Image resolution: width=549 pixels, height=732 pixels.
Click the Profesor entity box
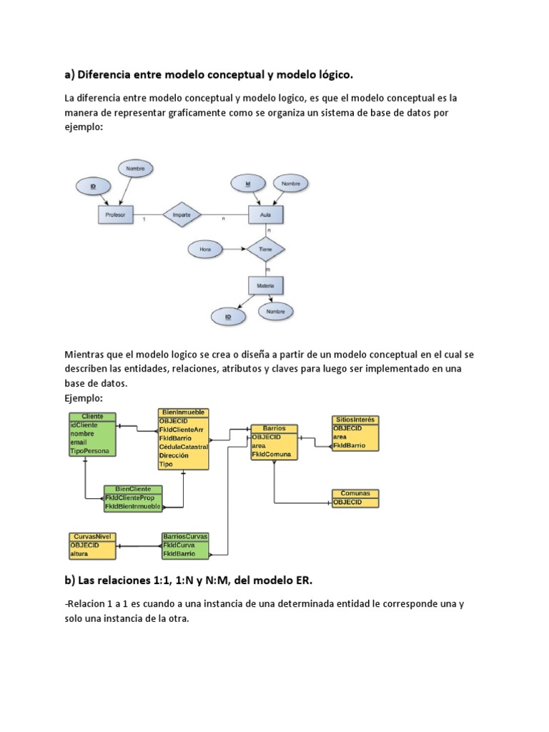[115, 214]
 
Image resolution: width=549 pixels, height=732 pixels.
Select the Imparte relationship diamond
[182, 214]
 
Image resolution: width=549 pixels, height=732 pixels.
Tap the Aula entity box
[266, 214]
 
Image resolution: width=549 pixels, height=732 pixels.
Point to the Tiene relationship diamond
[266, 249]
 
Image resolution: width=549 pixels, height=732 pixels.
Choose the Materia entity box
[266, 285]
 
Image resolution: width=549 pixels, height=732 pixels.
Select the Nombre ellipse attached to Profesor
[136, 169]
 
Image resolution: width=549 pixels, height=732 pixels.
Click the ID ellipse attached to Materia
[229, 315]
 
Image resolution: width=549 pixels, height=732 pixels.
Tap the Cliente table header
[93, 416]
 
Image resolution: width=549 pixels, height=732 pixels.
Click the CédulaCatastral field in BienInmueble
[183, 447]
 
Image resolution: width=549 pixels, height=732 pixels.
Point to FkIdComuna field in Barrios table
[271, 454]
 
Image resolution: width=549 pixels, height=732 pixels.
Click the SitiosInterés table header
[355, 419]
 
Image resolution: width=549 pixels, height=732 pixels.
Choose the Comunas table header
[355, 494]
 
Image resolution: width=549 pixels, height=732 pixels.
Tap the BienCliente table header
[133, 489]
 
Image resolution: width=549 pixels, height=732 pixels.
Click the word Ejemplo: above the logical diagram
[84, 397]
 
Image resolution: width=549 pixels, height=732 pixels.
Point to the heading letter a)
[69, 74]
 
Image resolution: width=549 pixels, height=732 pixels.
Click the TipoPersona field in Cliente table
[91, 451]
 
